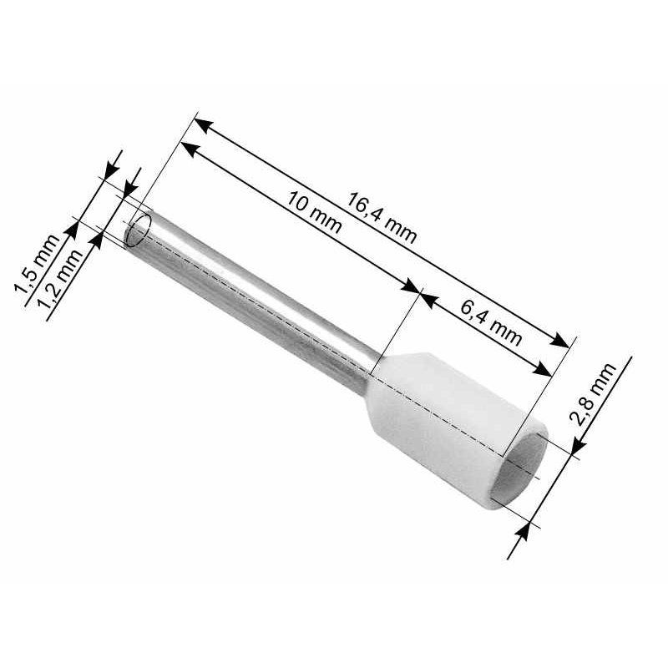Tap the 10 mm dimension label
point(314,212)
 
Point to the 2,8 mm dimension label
point(593,394)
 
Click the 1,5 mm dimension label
point(36,264)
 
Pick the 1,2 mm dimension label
point(59,279)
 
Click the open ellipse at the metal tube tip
point(139,230)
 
